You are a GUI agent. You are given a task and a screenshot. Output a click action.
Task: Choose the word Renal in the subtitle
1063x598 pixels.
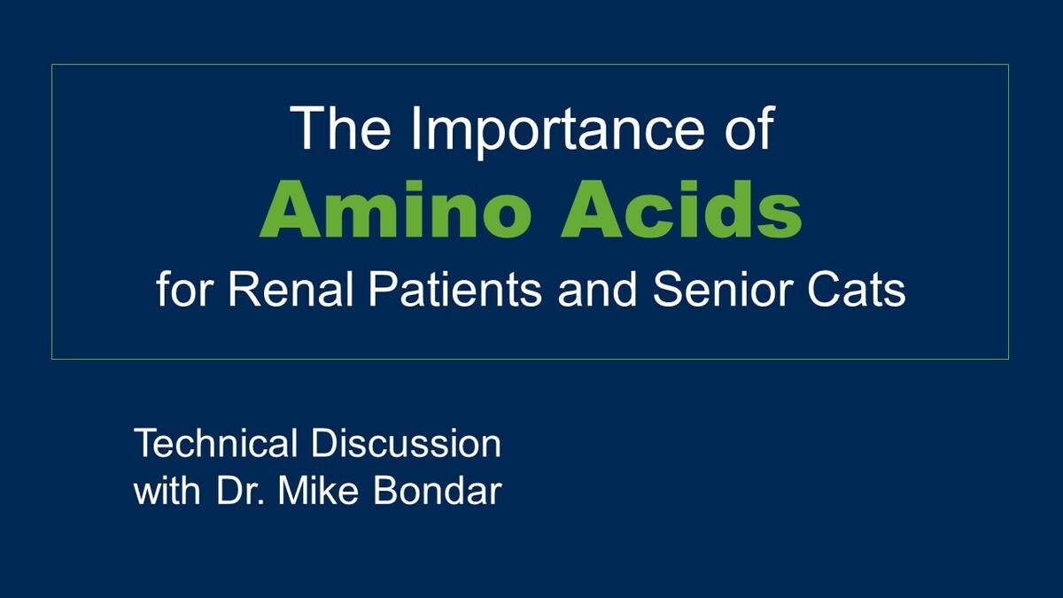coord(271,290)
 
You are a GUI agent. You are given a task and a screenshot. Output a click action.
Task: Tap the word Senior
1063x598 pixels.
coord(725,290)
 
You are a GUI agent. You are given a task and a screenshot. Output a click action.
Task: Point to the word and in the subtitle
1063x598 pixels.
coord(592,290)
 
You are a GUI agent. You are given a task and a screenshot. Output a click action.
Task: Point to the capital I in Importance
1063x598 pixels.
coord(415,128)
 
